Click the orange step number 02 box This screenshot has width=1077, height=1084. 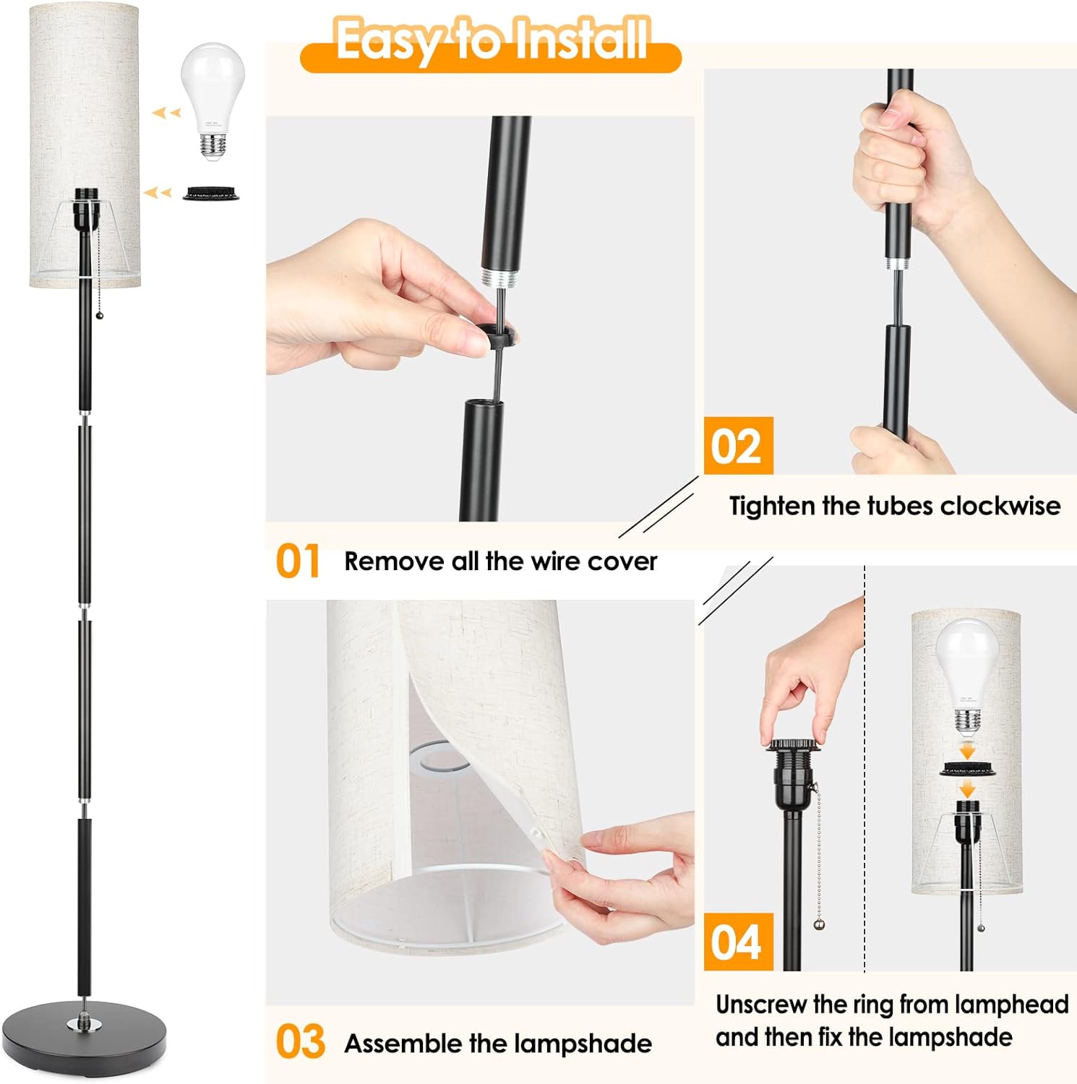738,446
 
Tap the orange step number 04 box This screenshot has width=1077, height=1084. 738,942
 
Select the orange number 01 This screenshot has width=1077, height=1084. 297,562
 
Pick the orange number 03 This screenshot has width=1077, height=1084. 300,1042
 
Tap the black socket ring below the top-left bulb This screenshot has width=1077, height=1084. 210,193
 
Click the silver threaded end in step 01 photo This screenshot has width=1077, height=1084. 499,278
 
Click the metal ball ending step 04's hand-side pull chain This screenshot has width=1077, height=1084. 818,924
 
